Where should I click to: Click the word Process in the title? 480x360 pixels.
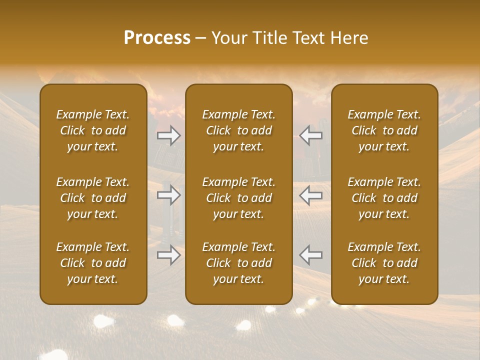157,38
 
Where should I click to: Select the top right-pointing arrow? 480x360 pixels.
169,135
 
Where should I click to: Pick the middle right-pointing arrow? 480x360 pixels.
169,195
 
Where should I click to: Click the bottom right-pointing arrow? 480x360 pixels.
169,255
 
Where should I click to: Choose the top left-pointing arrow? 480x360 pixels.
311,135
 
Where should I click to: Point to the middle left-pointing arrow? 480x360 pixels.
311,195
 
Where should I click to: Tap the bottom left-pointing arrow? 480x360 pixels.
311,255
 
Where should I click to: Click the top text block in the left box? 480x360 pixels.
93,130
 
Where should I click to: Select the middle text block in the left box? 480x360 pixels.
93,198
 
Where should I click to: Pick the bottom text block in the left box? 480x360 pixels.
93,263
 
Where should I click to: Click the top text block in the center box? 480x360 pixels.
239,130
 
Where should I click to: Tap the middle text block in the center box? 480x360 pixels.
239,198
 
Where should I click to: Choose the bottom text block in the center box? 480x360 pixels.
239,263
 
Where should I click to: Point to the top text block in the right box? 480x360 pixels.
384,130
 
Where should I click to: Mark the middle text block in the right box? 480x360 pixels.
384,198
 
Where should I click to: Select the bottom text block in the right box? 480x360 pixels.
384,263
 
